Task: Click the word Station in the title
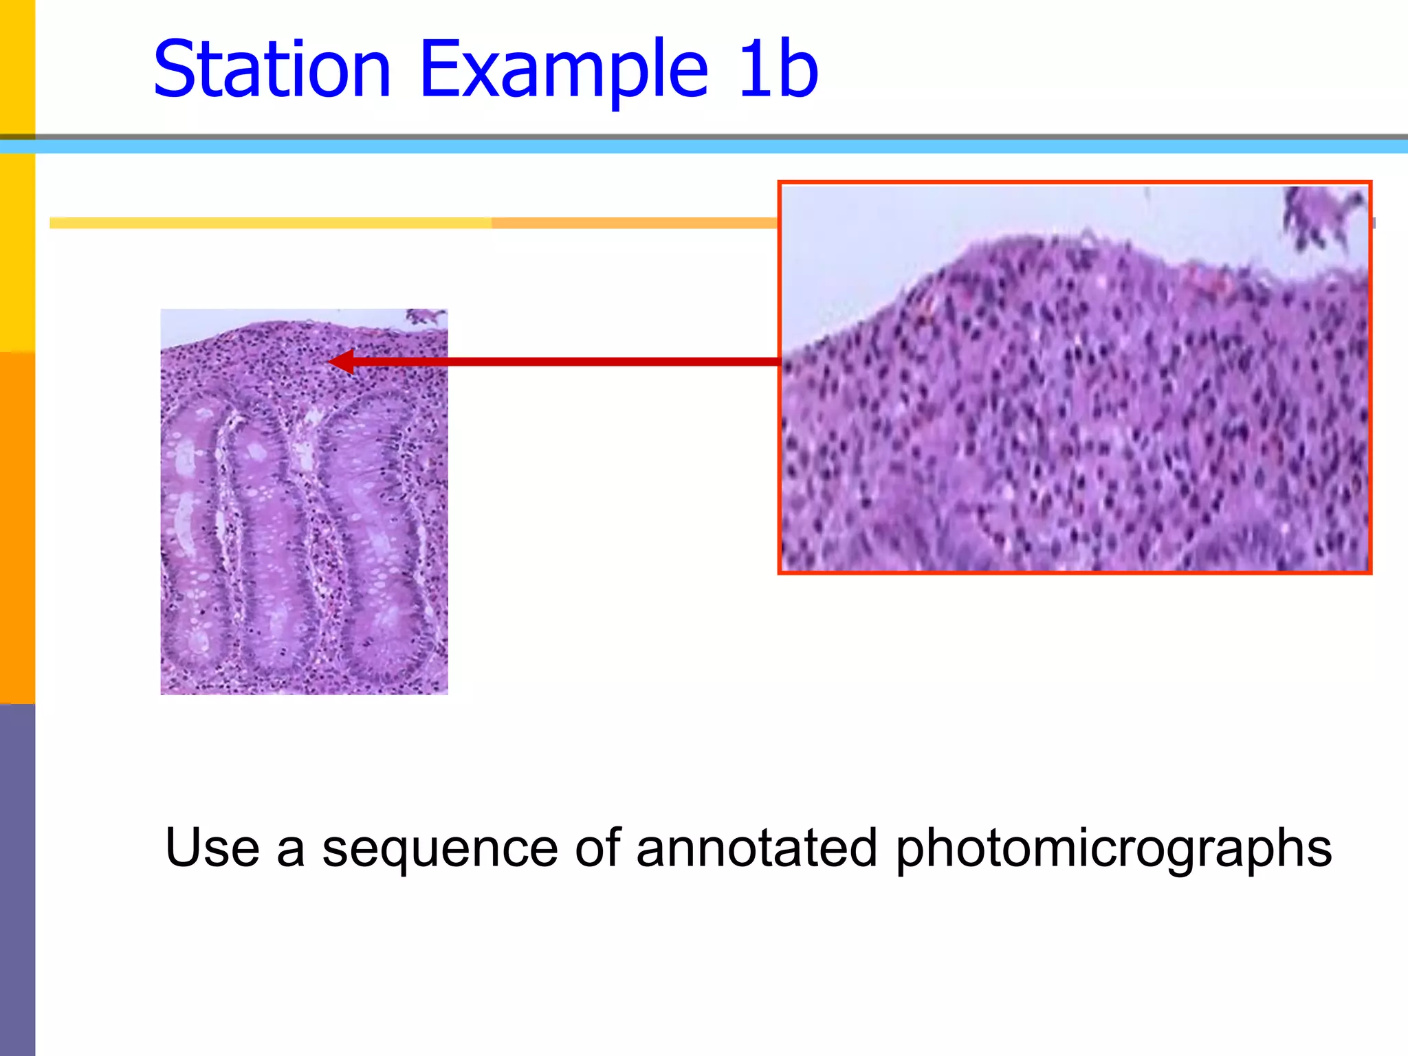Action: click(x=272, y=69)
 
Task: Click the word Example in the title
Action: click(x=564, y=69)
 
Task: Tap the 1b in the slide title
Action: click(x=777, y=69)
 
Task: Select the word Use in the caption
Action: click(x=212, y=848)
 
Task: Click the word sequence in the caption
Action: click(x=440, y=848)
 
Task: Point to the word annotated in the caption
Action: click(x=756, y=848)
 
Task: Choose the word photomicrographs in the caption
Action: click(x=1114, y=848)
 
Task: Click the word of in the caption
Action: click(x=597, y=848)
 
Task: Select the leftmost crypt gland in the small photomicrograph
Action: click(x=192, y=536)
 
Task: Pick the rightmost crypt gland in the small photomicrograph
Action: click(x=378, y=536)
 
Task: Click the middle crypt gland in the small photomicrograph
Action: click(x=272, y=543)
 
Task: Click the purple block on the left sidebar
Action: click(x=17, y=880)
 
